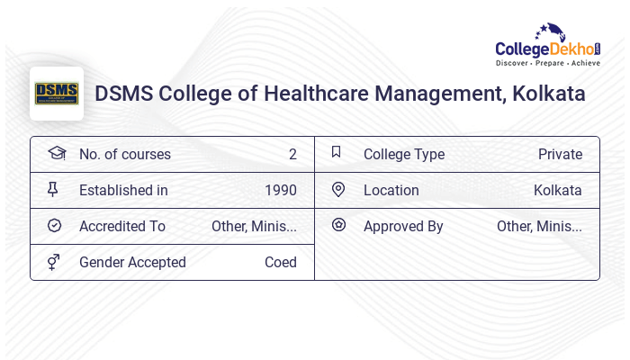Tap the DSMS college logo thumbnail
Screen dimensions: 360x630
point(57,94)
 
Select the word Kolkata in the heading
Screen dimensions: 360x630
point(549,94)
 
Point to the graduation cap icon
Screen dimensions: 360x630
point(56,153)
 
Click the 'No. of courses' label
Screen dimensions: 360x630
point(124,155)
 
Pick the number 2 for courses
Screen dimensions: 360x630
point(292,155)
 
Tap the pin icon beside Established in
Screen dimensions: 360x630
point(53,190)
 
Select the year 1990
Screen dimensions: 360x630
point(280,191)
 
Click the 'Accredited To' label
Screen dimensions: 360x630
point(121,227)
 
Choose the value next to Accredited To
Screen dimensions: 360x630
point(254,227)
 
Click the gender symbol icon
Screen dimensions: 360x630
point(54,262)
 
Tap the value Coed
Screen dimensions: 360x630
point(280,263)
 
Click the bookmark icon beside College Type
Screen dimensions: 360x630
point(336,152)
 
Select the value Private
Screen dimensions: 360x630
point(560,155)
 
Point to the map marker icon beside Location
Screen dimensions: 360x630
point(338,189)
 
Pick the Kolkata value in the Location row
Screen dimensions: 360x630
point(557,191)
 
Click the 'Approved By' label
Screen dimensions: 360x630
point(403,227)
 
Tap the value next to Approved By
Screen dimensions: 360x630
point(539,227)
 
